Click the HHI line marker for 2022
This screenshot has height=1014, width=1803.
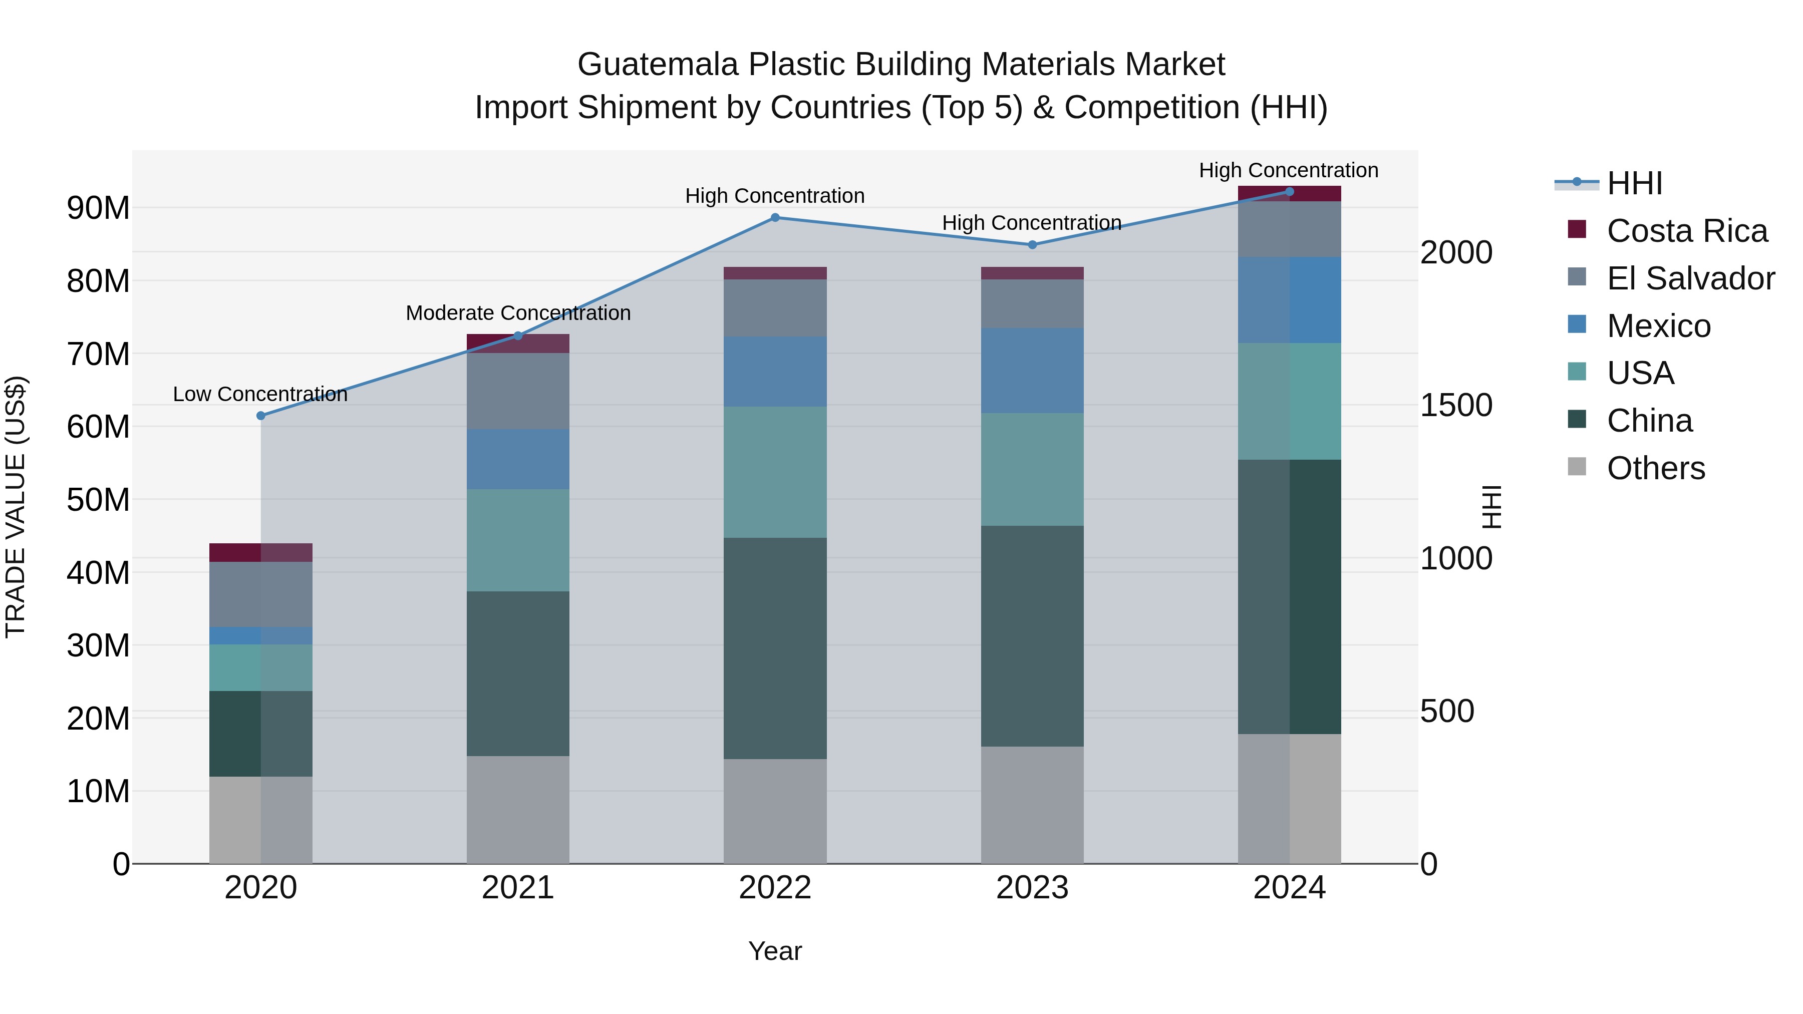775,218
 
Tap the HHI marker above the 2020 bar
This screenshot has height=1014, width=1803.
261,416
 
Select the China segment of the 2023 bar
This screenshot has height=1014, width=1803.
1032,636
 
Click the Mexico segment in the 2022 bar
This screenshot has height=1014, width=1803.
775,372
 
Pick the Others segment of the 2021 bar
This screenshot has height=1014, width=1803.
518,810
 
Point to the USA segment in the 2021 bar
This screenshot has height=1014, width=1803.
518,540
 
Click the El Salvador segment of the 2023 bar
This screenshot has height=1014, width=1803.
1032,304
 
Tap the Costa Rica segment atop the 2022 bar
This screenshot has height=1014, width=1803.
775,273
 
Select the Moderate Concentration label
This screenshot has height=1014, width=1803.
518,313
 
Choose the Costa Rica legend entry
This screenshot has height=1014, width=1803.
1687,231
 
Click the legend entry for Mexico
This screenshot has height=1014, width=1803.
1658,326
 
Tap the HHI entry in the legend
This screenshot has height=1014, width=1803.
1634,183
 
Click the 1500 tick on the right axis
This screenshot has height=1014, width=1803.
1456,405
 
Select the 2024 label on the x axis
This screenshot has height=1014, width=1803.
1289,888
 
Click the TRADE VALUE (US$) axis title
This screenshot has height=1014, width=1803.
16,507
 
